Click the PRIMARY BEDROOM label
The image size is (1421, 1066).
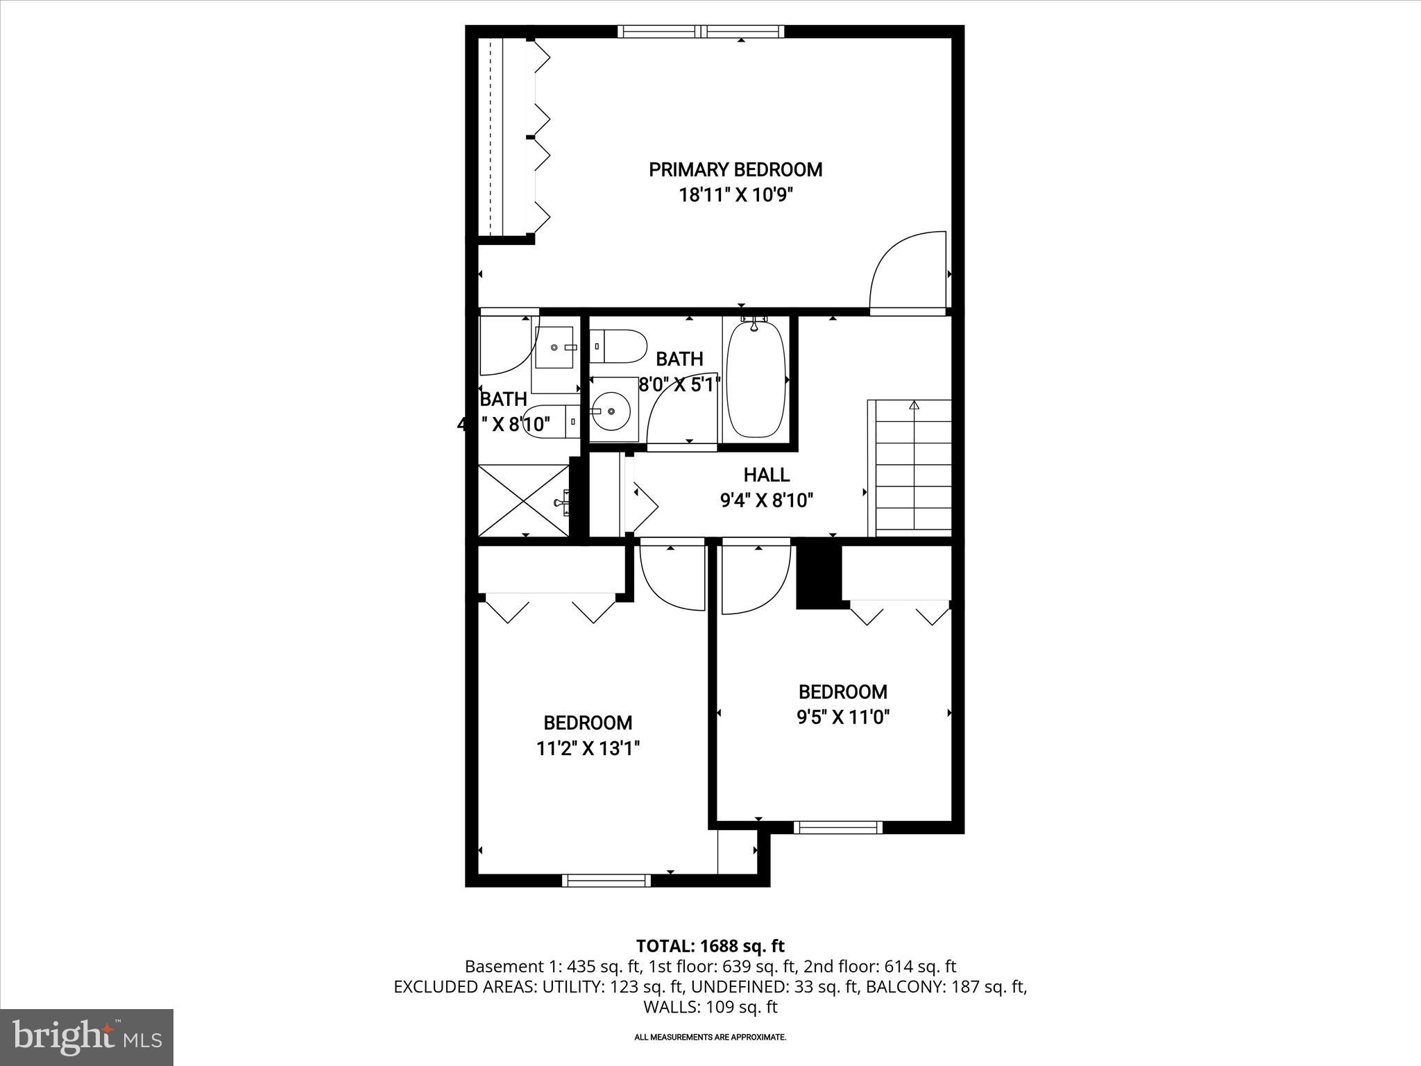pos(735,169)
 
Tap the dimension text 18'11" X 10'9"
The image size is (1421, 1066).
pos(735,195)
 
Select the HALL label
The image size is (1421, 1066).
pos(766,475)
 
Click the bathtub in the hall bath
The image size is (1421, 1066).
pos(756,379)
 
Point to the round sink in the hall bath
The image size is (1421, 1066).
pos(613,411)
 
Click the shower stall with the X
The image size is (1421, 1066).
pos(524,500)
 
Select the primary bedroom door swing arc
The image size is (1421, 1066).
pos(905,271)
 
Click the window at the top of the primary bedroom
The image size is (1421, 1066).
pos(701,31)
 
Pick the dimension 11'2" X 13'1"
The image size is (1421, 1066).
pos(588,749)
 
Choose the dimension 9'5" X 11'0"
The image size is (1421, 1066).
pos(842,717)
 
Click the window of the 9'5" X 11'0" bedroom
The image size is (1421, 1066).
pos(837,827)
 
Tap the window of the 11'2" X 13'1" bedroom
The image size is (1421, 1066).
pos(606,880)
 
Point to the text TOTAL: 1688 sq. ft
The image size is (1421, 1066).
pos(710,946)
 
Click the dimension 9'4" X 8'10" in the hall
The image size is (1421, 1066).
pos(766,500)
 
